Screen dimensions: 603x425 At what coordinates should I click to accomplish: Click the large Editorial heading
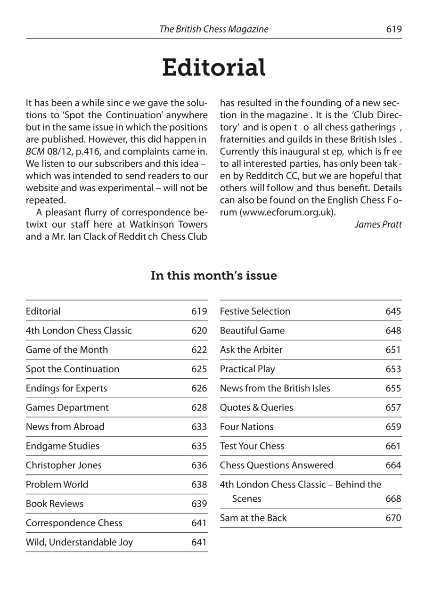213,68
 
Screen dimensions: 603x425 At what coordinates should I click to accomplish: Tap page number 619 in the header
393,29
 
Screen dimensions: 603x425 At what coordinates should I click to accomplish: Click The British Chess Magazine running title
214,29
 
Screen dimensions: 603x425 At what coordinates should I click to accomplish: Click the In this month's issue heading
213,276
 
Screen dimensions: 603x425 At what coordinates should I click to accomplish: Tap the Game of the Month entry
67,350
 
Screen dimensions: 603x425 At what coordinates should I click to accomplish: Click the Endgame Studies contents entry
63,446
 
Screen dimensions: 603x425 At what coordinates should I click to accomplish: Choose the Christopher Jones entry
64,465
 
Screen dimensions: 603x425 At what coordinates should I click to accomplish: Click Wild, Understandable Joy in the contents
79,542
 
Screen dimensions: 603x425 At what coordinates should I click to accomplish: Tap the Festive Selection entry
255,311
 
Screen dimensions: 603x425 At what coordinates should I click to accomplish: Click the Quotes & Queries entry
256,407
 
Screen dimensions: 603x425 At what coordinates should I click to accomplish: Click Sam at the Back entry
253,518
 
